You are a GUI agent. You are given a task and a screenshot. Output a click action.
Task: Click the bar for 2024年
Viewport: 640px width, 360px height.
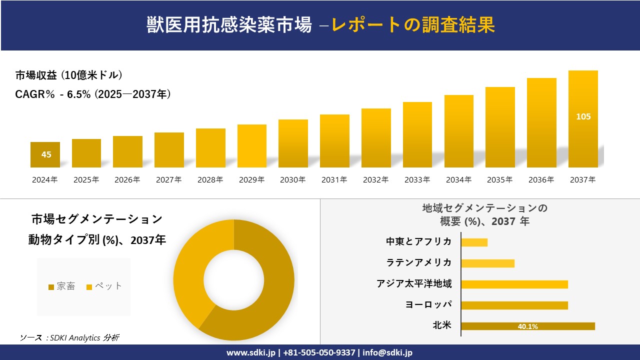pos(45,155)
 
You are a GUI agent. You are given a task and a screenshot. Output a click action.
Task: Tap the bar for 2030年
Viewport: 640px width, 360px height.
pos(293,143)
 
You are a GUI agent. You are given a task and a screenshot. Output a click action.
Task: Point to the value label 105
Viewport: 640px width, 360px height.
pos(583,116)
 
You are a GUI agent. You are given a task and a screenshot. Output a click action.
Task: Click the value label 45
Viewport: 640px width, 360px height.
pos(46,154)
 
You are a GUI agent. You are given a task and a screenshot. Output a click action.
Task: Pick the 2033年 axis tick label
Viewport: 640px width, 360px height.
pos(417,180)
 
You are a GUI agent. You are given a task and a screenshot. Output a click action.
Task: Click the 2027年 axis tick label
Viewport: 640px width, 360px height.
pos(168,180)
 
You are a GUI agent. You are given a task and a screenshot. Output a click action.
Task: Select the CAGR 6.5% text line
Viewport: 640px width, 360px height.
pos(93,93)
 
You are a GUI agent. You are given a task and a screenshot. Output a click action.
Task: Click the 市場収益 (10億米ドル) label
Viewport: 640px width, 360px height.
pos(69,75)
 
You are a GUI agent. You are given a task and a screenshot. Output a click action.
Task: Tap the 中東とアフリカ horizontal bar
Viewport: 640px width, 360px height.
pos(474,242)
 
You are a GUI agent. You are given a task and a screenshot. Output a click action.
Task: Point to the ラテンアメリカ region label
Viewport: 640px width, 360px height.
pos(418,263)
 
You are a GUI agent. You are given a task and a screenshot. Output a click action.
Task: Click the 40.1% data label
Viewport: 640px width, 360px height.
pos(527,326)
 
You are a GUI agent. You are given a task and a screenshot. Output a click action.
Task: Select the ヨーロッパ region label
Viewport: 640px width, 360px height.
pos(428,305)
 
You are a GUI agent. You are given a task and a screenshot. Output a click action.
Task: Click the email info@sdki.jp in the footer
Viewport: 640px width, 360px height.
pos(387,352)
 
